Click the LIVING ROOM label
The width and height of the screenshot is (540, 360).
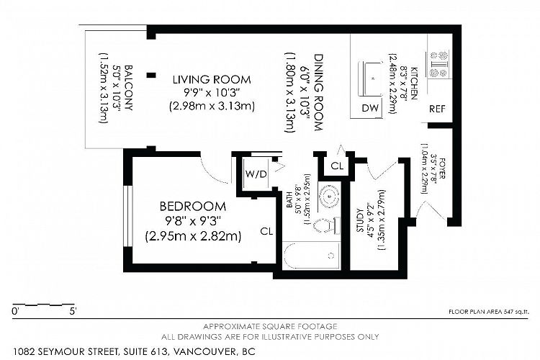tap(212, 80)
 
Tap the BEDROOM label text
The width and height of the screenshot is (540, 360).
tap(193, 207)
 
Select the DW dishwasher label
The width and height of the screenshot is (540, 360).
tap(370, 108)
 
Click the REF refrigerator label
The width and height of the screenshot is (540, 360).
tap(437, 109)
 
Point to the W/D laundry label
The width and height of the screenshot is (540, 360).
tap(256, 174)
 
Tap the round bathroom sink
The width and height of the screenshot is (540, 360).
tap(330, 196)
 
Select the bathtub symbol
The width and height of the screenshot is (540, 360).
tap(312, 256)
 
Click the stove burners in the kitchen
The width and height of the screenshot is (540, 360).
tap(438, 64)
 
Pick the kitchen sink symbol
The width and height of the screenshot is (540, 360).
tap(370, 78)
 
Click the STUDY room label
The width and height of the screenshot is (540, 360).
tap(360, 220)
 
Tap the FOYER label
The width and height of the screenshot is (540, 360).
tap(442, 168)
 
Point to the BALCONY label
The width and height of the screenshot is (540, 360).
tap(128, 88)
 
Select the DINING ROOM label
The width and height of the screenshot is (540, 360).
tap(318, 92)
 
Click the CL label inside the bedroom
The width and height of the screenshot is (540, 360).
tap(266, 231)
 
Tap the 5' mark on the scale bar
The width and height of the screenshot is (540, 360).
tap(73, 312)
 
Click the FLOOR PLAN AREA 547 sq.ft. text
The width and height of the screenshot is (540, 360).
tap(488, 312)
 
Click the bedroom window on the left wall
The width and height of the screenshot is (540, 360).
tap(128, 216)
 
